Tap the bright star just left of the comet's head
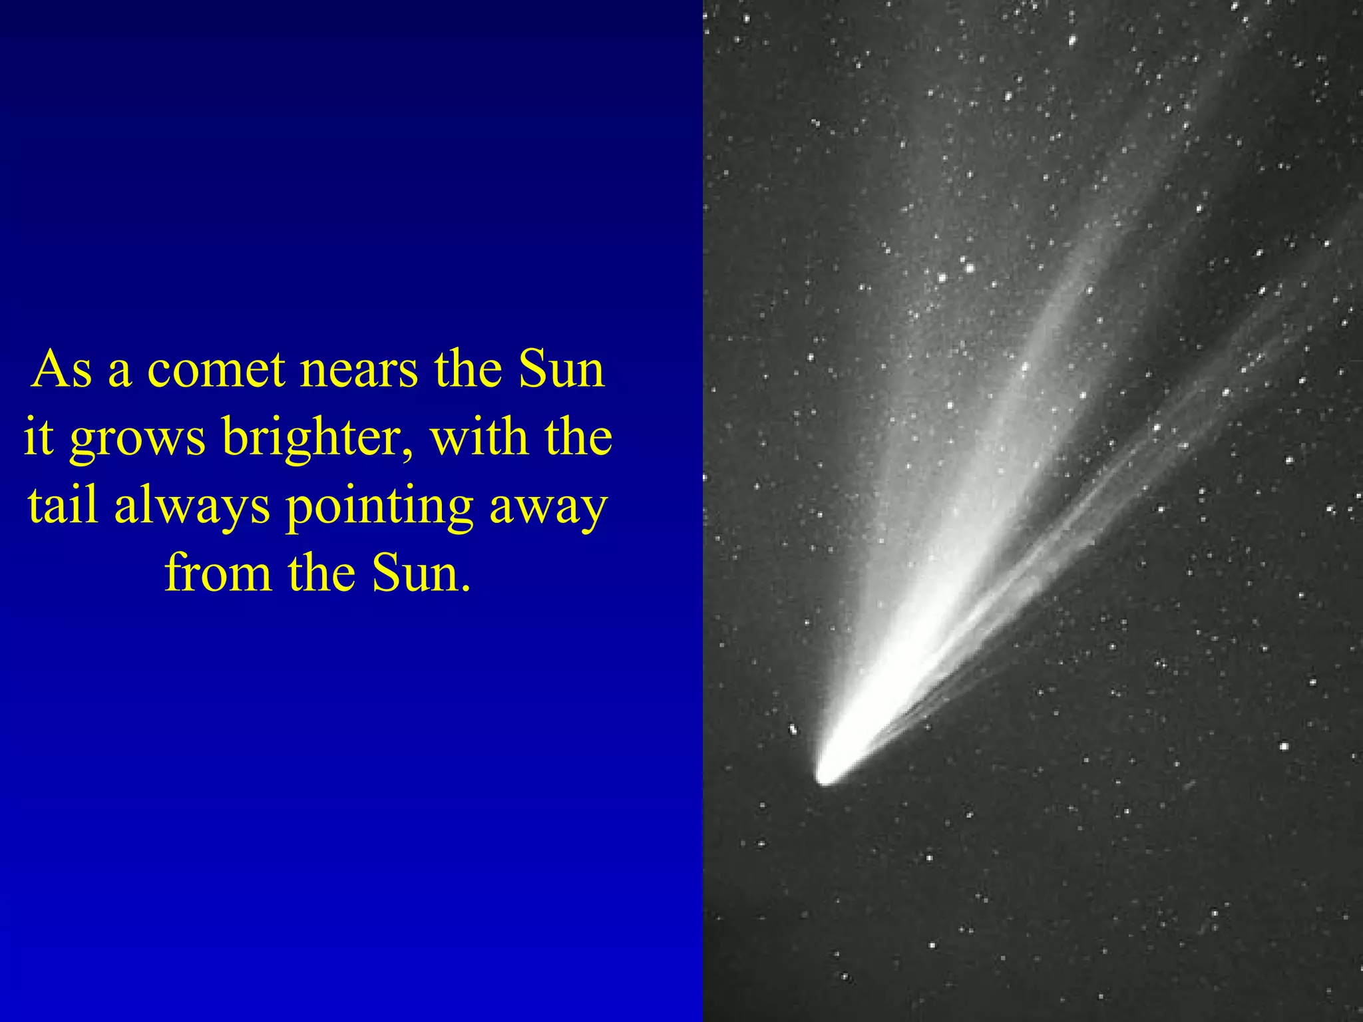(x=793, y=729)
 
